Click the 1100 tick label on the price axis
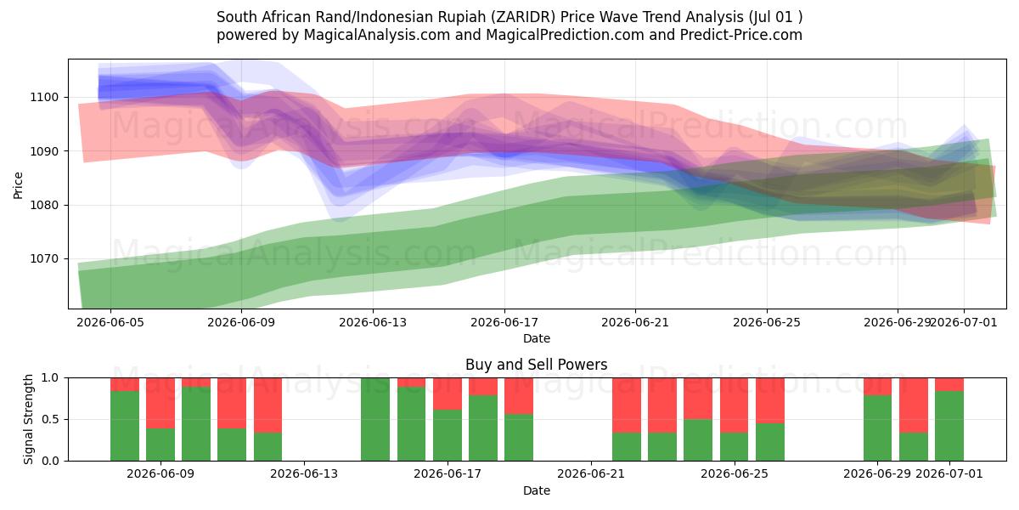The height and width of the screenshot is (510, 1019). pos(44,98)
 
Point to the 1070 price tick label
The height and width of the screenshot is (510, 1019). pos(44,259)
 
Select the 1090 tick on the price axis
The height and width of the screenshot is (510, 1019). pos(44,151)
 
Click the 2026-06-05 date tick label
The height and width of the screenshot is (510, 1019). pos(110,322)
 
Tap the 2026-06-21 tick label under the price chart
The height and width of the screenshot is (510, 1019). pos(635,322)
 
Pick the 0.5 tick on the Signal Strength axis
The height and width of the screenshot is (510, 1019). pos(50,419)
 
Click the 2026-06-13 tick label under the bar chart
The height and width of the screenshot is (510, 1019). pos(304,474)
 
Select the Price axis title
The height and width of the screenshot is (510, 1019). pos(18,185)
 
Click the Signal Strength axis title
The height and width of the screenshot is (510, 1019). pos(28,419)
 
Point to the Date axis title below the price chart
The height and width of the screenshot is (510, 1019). pos(537,339)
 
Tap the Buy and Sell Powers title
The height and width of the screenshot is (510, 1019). pos(537,365)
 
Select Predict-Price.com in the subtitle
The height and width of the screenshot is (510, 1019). pos(741,35)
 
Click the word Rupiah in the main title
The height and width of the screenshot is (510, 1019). pos(460,17)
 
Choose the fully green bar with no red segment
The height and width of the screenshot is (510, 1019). pos(375,419)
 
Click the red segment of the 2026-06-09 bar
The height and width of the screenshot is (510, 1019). pos(160,403)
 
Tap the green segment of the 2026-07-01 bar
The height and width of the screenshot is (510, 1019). pos(949,426)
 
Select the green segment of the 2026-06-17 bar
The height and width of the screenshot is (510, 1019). pos(448,435)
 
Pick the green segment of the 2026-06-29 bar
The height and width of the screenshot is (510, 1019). pos(877,428)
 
